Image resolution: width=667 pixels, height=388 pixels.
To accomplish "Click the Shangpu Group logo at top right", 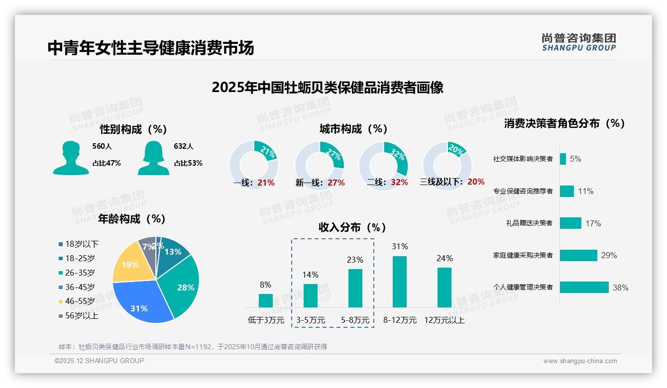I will point(578,42).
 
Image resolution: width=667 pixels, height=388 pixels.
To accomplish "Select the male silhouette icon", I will point(71,158).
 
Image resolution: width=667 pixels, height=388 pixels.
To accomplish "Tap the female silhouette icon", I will point(153,158).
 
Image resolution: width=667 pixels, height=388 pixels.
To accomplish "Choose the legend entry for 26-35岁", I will point(80,273).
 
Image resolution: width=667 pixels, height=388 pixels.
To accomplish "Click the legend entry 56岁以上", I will point(82,315).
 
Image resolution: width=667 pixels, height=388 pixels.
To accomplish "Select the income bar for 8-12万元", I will point(400,282).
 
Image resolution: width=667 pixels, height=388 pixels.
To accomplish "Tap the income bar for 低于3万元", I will point(266,300).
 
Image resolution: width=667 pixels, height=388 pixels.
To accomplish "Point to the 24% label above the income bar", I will point(445,258).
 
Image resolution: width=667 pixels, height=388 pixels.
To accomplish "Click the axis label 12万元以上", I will point(445,320).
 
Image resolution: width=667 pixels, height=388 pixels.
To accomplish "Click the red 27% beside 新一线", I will point(336,183).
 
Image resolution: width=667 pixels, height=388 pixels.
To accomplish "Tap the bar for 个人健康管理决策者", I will point(584,287).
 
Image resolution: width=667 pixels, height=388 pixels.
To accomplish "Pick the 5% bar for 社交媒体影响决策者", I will point(562,159).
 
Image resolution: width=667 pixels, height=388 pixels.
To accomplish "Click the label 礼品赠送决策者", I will point(529,223).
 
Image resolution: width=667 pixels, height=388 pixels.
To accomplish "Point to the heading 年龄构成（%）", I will point(131,219).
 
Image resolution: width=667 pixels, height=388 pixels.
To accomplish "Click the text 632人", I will point(183,146).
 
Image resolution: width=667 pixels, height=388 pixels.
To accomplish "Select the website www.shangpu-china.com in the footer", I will point(580,361).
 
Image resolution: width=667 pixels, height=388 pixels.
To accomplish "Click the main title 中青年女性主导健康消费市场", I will point(151,48).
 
